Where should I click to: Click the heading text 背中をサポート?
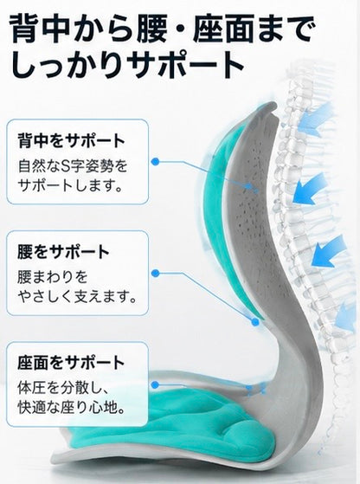pos(71,140)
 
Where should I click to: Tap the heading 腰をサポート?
pos(63,252)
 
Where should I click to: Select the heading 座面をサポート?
pos(71,363)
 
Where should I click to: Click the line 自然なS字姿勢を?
pos(73,165)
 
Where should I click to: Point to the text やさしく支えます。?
pos(77,296)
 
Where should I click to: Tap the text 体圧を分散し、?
pos(63,388)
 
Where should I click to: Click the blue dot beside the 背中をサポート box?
pos(156,161)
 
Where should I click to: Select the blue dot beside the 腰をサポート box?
pos(156,273)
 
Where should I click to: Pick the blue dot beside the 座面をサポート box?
pos(156,384)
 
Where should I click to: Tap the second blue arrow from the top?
pos(310,188)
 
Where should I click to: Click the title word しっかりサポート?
pos(127,65)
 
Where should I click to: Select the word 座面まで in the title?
pos(254,28)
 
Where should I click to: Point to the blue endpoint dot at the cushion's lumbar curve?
pos(254,322)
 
